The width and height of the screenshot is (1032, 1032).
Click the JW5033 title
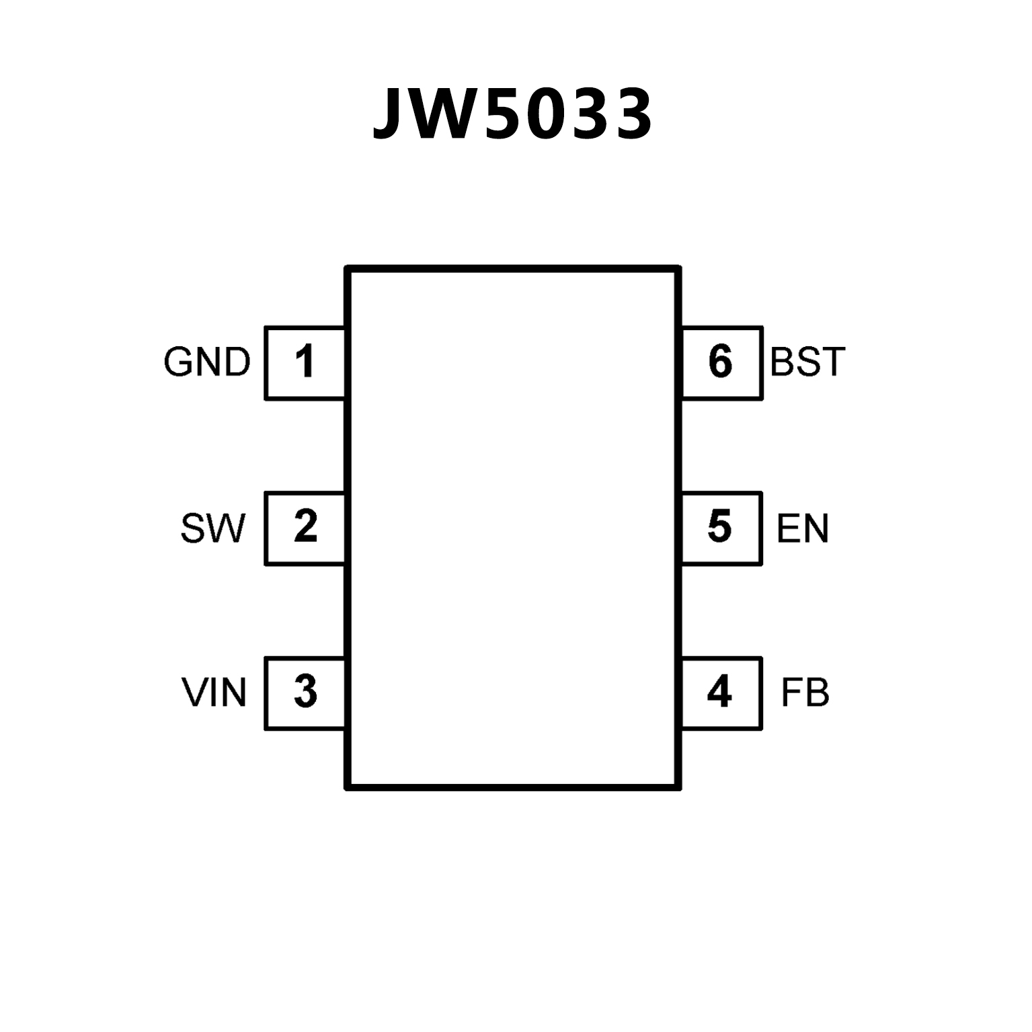tap(512, 114)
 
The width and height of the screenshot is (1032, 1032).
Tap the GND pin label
tap(207, 362)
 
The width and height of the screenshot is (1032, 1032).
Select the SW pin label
tap(213, 528)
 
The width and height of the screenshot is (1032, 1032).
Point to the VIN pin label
tap(214, 693)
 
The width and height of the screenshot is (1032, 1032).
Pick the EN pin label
tap(802, 528)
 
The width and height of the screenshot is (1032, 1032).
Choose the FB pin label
tap(805, 693)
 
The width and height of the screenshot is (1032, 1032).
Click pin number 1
tap(305, 362)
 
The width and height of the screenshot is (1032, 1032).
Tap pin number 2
tap(305, 526)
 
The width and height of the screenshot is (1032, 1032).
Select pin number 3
tap(305, 692)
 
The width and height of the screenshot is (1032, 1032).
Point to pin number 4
tap(719, 692)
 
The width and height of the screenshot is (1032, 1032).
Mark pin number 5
tap(719, 526)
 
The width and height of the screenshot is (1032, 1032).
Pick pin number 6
tap(719, 362)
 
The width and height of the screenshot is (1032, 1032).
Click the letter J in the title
tap(390, 114)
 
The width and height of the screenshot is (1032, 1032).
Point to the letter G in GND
tap(177, 362)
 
